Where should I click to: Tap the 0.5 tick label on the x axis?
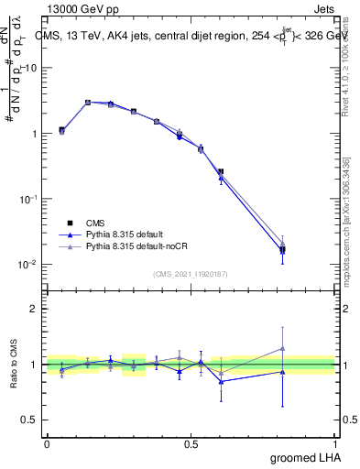(191, 444)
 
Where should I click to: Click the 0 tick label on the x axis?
(47, 444)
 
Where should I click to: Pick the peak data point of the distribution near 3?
(88, 103)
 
